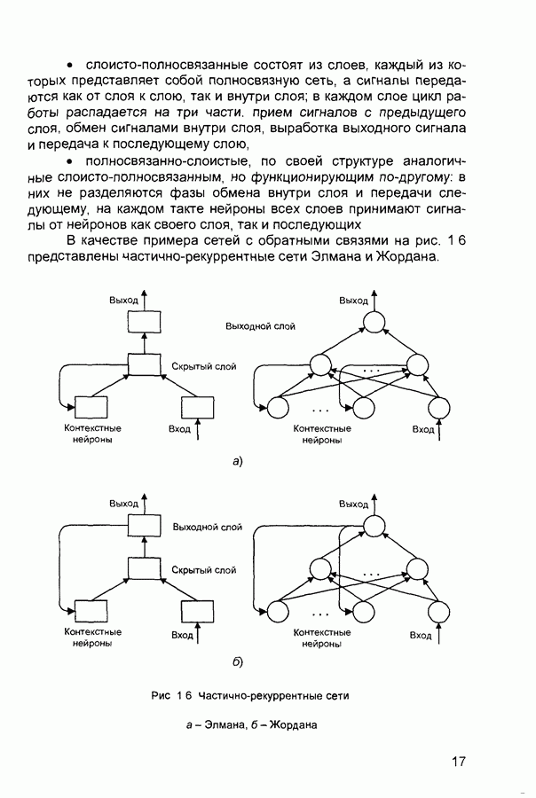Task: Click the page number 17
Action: point(458,760)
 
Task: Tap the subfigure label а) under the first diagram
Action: point(237,461)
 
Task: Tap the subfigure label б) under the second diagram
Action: point(237,661)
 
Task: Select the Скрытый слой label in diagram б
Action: point(204,570)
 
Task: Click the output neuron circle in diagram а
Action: point(373,324)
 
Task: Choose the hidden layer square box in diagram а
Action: point(142,364)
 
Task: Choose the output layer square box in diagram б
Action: point(142,526)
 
